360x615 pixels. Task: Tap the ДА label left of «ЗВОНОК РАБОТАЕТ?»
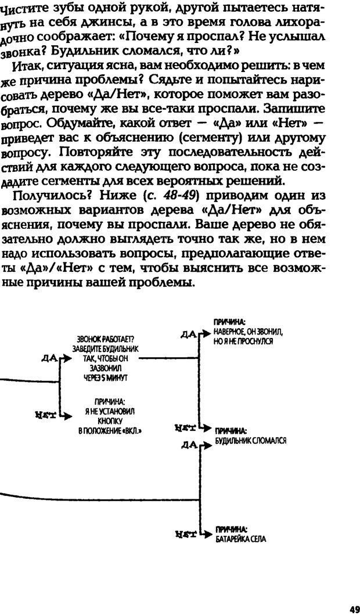pos(49,358)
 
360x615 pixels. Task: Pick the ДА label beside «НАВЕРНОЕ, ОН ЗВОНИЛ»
pos(188,334)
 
